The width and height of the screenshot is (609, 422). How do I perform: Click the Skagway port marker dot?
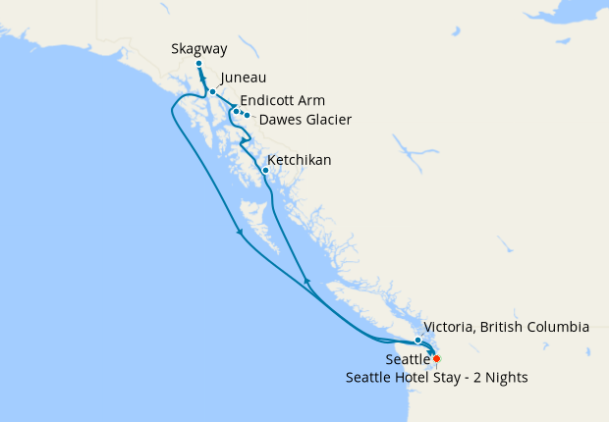point(198,64)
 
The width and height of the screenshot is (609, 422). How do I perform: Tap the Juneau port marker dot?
point(212,91)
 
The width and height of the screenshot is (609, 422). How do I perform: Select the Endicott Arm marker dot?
point(236,111)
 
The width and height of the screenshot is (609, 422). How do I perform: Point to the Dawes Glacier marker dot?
point(247,116)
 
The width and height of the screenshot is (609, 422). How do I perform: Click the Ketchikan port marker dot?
point(265,170)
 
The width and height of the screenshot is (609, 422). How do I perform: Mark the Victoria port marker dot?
point(418,340)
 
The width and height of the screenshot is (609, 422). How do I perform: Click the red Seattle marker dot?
point(436,358)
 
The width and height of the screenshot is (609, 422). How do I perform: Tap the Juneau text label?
point(244,78)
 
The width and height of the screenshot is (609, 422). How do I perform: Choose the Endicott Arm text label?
point(282,100)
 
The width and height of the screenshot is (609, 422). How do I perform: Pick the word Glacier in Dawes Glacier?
point(326,120)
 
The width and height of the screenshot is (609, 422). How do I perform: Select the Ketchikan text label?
point(300,159)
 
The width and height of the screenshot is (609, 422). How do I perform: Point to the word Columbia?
point(555,326)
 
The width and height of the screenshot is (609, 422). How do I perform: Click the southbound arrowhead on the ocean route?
point(240,234)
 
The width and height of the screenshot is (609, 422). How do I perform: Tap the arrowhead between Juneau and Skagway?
point(204,79)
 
